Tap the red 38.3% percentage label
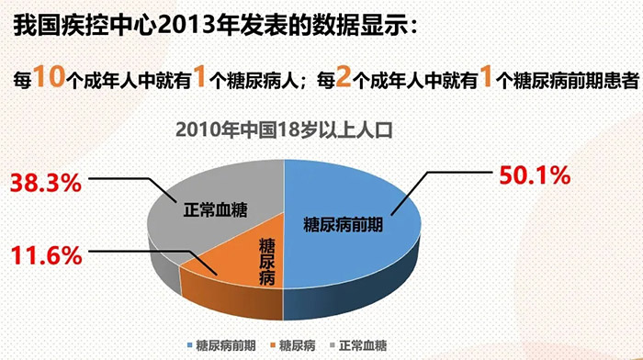[x=45, y=183]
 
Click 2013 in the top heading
[x=174, y=28]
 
